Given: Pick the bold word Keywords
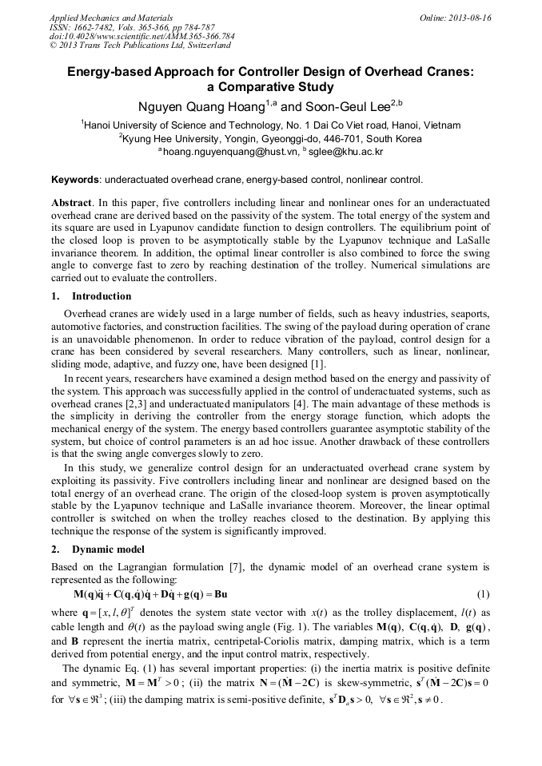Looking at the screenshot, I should point(76,180).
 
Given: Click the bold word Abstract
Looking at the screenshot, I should point(72,203).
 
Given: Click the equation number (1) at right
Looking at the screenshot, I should point(483,594).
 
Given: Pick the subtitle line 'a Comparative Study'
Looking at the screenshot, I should point(270,87).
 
